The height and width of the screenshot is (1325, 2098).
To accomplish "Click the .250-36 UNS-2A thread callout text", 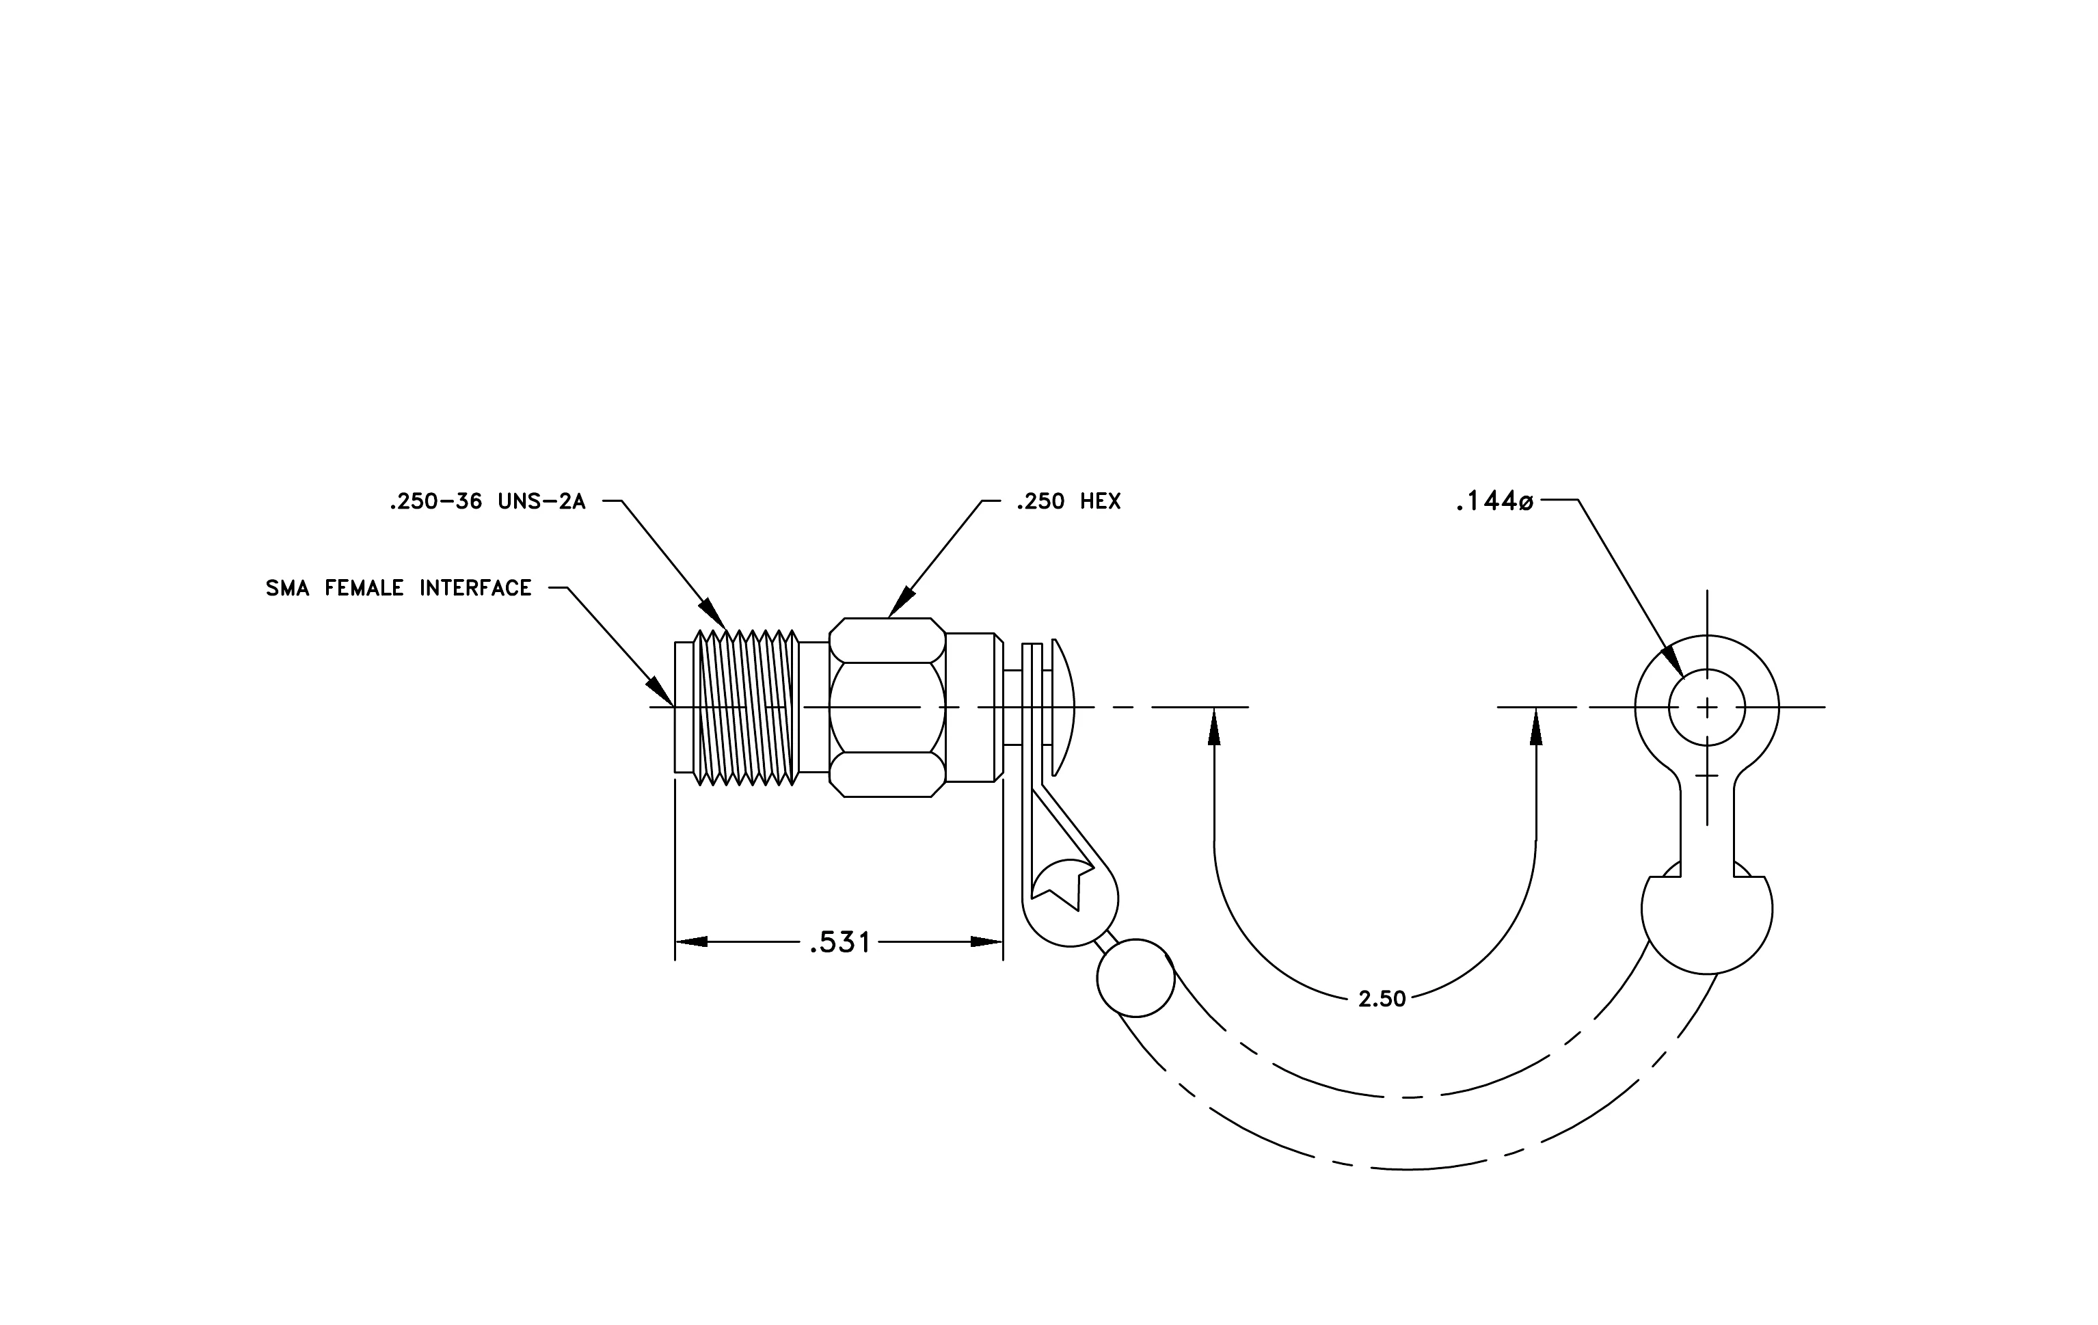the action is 487,502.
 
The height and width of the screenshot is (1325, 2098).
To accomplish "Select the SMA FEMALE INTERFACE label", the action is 398,589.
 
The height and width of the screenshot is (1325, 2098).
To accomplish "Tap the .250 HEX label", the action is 1068,502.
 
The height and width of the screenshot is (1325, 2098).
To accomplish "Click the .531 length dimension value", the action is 840,943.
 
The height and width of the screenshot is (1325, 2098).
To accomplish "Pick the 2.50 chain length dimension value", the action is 1382,999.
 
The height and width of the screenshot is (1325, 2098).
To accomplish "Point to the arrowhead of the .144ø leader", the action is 1673,660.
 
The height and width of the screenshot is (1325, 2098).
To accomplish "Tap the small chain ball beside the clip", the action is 1135,978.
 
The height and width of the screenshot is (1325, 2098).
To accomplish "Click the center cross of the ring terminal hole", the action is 1707,708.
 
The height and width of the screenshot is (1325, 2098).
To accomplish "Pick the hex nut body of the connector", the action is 887,708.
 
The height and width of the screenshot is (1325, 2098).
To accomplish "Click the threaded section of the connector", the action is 746,708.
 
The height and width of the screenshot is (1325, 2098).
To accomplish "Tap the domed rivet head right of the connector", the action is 1063,708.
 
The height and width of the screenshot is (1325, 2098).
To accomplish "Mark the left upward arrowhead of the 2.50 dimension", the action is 1213,727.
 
